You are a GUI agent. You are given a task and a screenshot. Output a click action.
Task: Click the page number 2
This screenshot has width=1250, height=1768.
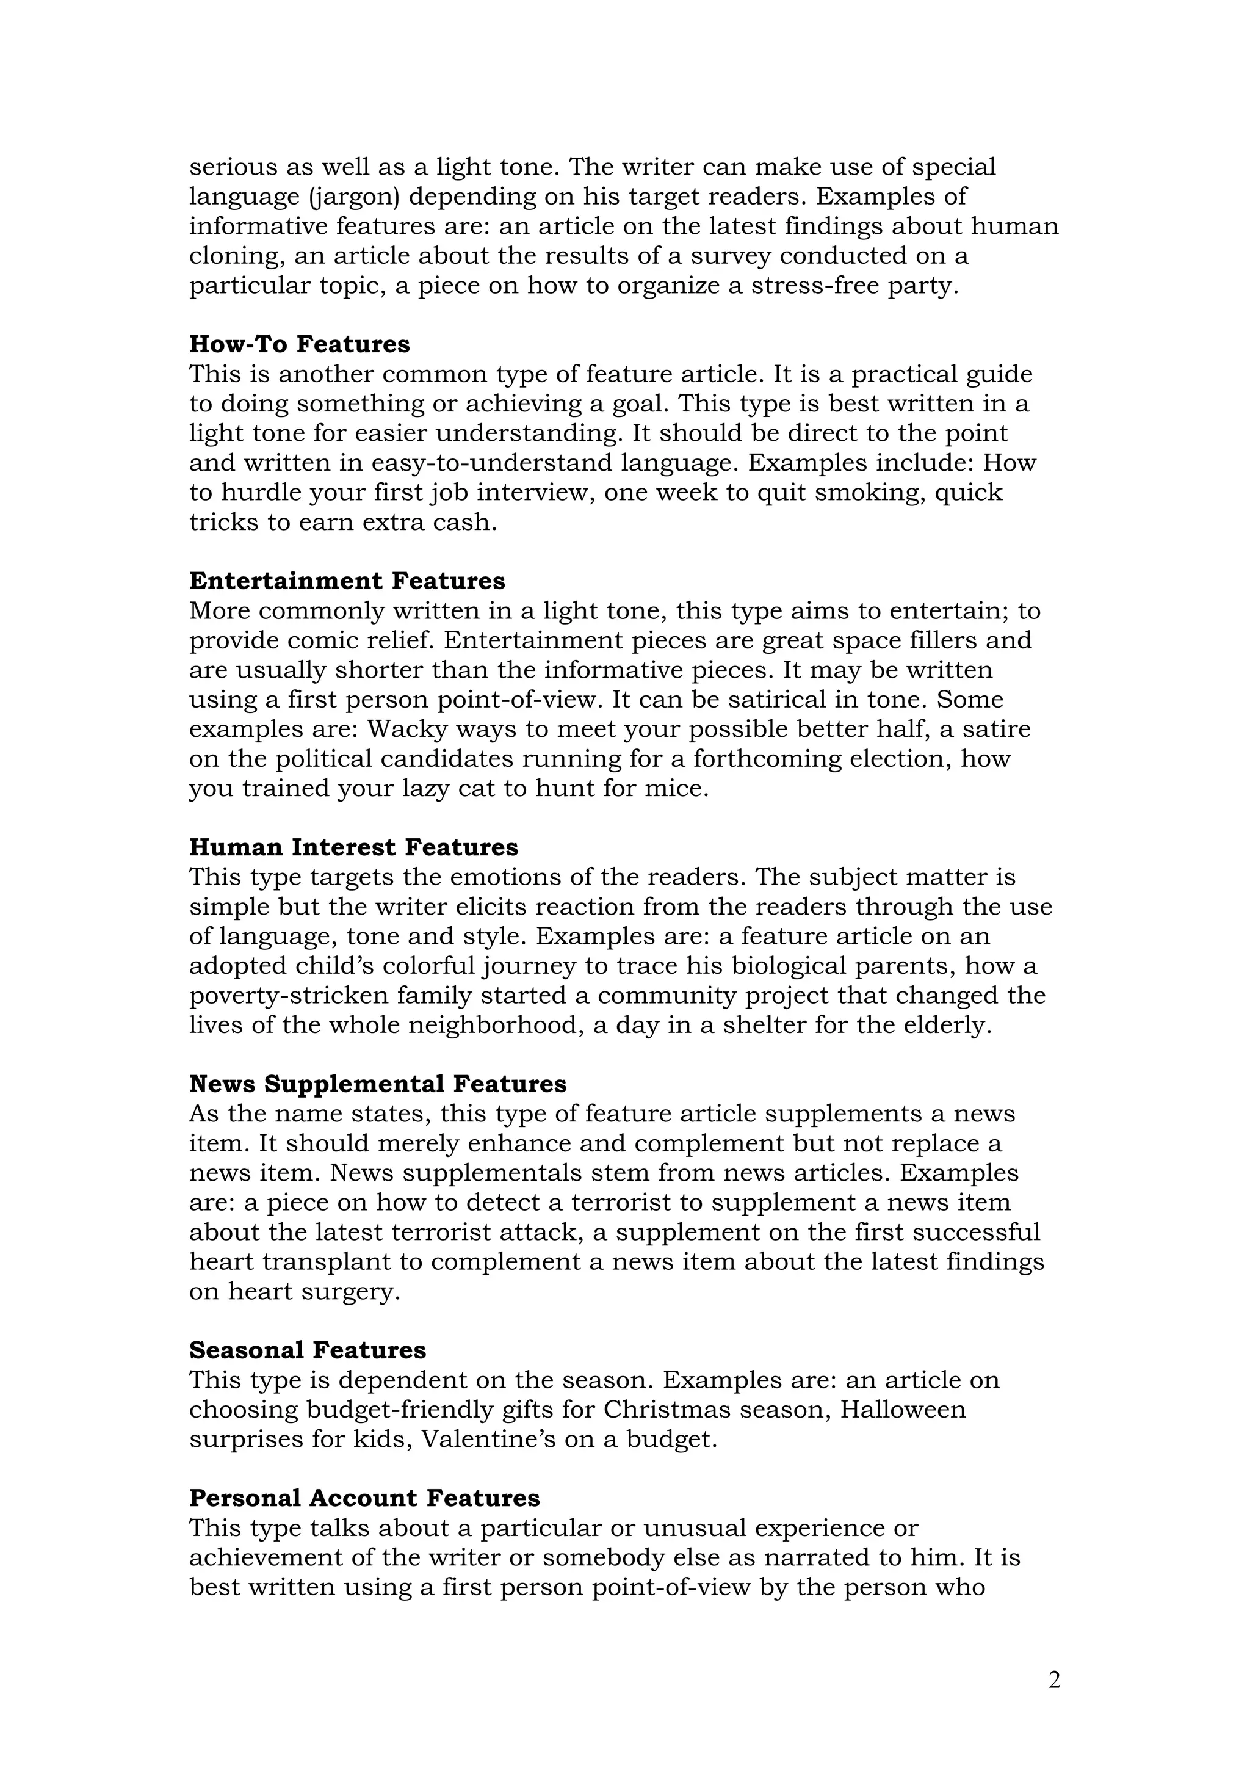tap(1053, 1680)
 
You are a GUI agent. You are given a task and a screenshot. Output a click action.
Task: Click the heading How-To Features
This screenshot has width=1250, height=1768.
tap(300, 344)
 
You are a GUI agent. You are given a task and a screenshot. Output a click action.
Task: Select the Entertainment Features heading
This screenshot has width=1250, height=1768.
tap(347, 581)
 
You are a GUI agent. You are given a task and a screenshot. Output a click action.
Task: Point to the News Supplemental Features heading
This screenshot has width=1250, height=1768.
tap(377, 1084)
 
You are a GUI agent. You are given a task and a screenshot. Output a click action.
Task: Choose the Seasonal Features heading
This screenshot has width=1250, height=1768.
tap(307, 1350)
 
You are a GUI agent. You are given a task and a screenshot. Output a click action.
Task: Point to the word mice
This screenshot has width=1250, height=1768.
tap(679, 789)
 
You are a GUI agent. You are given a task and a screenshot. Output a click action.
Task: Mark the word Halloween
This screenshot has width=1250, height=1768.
tap(902, 1409)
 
